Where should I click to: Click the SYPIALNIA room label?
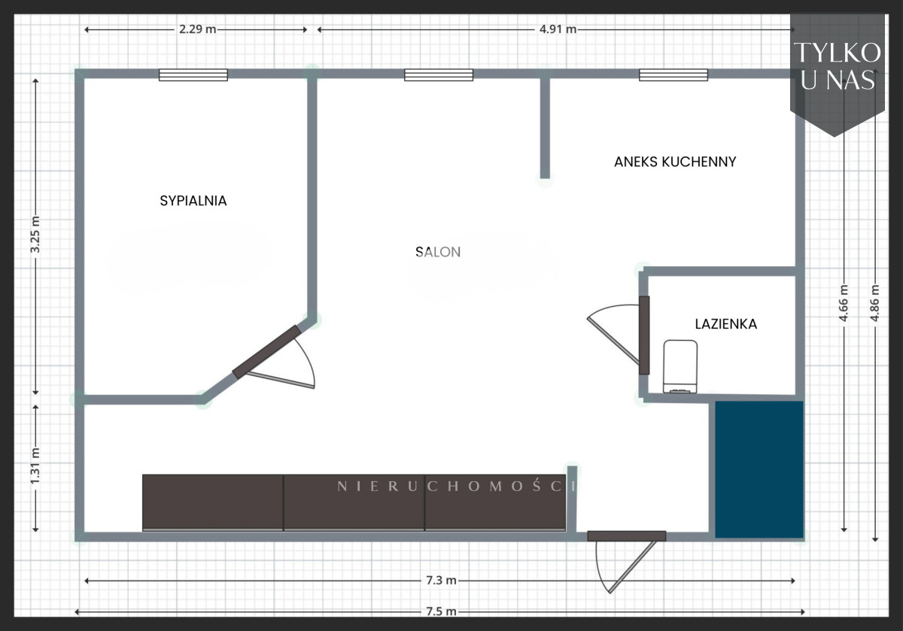click(193, 201)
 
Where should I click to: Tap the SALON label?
click(438, 252)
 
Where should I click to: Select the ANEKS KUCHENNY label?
click(675, 162)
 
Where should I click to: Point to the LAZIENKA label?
click(725, 324)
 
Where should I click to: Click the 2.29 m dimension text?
click(197, 29)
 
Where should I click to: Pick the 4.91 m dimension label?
click(558, 29)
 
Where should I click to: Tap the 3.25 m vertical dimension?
click(35, 235)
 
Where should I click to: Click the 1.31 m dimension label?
click(35, 466)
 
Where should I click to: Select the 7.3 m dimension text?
click(441, 580)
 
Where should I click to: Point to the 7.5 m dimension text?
click(441, 611)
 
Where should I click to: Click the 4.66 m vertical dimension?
click(844, 303)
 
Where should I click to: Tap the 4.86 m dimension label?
click(874, 303)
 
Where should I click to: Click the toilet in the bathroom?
click(680, 367)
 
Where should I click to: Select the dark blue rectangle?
click(759, 469)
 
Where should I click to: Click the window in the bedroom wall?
click(193, 75)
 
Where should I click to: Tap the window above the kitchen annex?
click(673, 75)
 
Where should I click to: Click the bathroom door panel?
click(644, 335)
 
